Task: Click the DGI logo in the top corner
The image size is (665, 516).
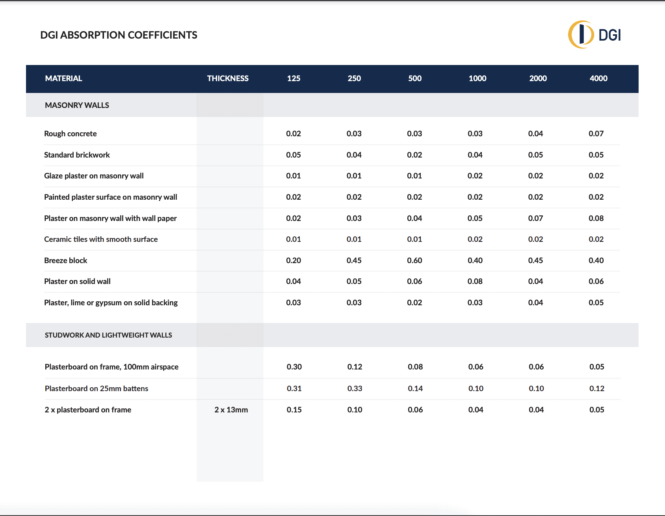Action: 594,35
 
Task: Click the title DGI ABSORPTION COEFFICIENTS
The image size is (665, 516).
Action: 119,35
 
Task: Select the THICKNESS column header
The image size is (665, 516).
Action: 228,78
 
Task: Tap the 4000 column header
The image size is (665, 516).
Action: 598,78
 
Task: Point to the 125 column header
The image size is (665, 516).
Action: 293,78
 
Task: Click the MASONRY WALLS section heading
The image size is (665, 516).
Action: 77,105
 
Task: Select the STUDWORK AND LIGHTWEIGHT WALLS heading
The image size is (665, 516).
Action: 108,335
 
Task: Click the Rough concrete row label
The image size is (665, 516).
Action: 70,134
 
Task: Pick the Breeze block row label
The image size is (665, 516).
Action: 65,260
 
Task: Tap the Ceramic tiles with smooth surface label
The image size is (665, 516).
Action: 101,239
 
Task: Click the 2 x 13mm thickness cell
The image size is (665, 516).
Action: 231,410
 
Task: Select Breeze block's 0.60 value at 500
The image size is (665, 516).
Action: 414,260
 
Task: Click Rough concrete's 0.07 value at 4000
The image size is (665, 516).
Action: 596,134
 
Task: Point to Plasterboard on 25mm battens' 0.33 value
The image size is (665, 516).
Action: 355,388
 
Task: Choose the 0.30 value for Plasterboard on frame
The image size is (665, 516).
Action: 294,367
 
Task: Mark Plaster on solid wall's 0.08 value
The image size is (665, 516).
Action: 475,281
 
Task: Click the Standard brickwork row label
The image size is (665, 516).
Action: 77,155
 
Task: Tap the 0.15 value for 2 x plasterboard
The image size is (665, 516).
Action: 294,410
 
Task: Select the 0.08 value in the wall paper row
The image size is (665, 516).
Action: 596,218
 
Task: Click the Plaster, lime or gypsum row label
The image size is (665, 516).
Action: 111,303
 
